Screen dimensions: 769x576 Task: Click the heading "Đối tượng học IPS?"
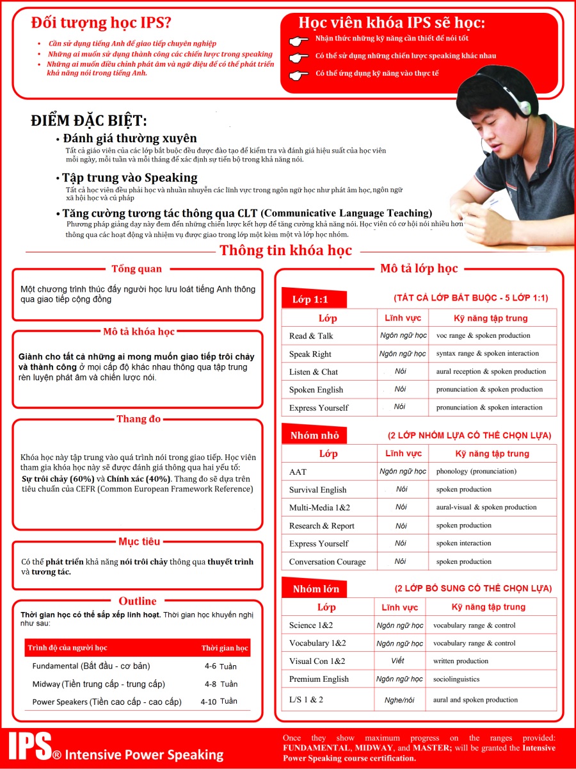(101, 23)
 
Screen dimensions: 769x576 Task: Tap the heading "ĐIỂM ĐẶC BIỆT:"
(88, 120)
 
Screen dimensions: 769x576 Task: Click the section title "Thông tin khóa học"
(285, 251)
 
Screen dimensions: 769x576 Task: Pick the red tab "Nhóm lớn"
(316, 588)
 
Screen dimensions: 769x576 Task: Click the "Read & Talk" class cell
(311, 336)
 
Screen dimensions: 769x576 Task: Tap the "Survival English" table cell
(317, 490)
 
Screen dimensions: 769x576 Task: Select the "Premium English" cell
(319, 679)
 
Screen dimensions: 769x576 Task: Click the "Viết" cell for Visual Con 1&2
(397, 661)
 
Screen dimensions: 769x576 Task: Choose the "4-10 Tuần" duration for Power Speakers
(219, 702)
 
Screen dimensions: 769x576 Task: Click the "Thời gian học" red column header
(225, 649)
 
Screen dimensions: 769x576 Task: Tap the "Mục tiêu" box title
(139, 542)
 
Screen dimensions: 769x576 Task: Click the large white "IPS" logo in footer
(30, 747)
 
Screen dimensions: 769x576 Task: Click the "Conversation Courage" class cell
(327, 562)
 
